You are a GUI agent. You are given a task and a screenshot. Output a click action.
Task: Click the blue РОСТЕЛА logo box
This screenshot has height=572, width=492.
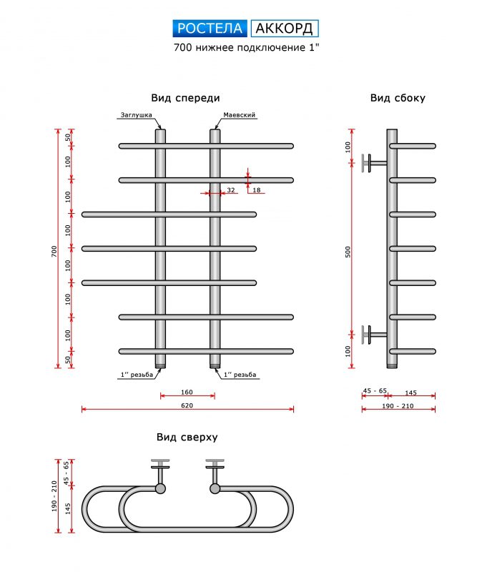[211, 29]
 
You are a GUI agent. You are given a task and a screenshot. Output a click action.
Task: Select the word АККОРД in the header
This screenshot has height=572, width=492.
[284, 29]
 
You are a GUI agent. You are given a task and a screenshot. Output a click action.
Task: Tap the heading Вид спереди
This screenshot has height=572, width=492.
[185, 98]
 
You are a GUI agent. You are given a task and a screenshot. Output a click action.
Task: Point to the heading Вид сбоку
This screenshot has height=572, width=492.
[398, 98]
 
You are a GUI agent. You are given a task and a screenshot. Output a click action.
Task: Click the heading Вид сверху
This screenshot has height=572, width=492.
[187, 437]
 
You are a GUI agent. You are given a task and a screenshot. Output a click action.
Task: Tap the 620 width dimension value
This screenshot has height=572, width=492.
[187, 405]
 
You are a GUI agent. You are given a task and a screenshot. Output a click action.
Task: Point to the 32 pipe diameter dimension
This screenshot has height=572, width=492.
[230, 190]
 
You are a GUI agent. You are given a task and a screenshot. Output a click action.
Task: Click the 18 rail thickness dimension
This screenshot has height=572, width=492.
[257, 189]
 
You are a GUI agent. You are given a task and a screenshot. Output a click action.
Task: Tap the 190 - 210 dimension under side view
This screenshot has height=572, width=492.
[398, 405]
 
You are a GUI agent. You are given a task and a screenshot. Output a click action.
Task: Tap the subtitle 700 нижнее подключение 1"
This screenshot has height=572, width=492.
[245, 49]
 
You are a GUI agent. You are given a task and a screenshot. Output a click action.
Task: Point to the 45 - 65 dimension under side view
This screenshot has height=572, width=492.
[375, 390]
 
